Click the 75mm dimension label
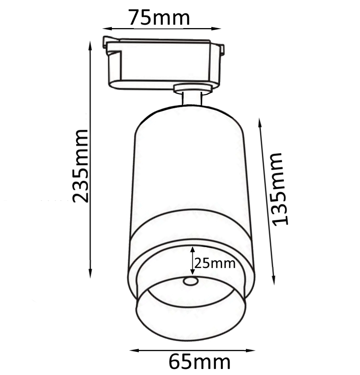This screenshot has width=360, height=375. (159, 17)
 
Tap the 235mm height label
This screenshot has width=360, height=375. (81, 166)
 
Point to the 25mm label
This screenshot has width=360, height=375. (215, 264)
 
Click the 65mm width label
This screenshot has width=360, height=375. (199, 362)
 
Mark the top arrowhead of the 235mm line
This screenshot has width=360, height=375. (90, 45)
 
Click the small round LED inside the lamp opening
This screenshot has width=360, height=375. (191, 281)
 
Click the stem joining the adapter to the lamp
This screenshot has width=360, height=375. (192, 99)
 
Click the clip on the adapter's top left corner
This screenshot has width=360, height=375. (107, 42)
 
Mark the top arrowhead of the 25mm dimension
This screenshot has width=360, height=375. (193, 249)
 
